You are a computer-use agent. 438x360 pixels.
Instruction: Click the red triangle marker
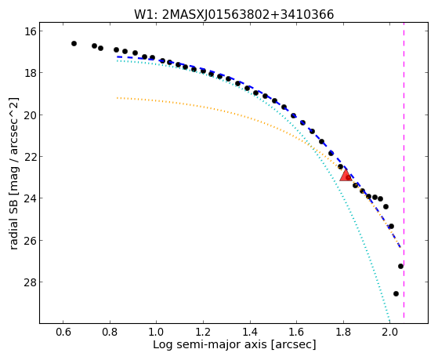(346, 176)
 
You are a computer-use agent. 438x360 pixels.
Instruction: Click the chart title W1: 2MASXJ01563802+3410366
(233, 14)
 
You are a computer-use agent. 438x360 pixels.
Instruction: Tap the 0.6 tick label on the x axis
(63, 332)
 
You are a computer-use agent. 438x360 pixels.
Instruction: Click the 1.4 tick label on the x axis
(250, 332)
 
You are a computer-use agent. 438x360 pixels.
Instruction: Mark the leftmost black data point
(74, 43)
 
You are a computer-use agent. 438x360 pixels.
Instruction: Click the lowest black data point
(396, 293)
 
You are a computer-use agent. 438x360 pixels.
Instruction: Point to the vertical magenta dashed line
(404, 170)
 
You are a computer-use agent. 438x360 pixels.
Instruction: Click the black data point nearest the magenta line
(400, 267)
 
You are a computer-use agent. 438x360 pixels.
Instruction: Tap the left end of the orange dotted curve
(118, 98)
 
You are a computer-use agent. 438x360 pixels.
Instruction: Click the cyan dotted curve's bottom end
(389, 321)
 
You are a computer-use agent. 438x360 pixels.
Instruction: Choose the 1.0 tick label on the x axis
(157, 332)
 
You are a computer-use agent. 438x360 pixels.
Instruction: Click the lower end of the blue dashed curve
(400, 247)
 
